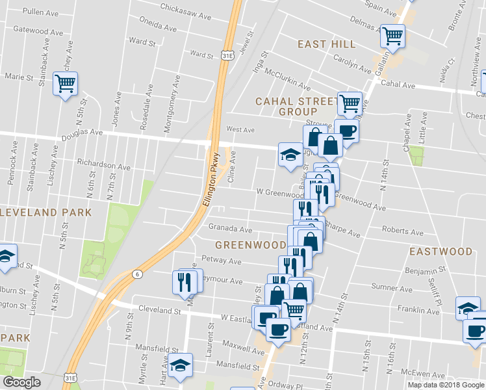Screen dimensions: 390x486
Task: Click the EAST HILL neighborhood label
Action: tap(327, 44)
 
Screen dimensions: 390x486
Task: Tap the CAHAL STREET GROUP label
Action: tap(297, 107)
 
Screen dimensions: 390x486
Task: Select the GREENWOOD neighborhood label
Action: tap(250, 245)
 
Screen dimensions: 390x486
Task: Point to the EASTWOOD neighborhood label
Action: tap(441, 251)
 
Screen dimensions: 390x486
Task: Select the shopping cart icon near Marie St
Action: tap(65, 84)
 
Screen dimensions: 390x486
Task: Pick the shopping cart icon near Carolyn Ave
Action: tap(392, 36)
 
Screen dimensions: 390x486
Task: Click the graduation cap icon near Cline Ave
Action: tap(290, 155)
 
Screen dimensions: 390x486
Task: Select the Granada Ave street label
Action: tap(230, 229)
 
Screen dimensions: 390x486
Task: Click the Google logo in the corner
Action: tap(21, 382)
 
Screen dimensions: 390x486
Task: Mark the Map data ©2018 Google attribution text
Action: tap(446, 385)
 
